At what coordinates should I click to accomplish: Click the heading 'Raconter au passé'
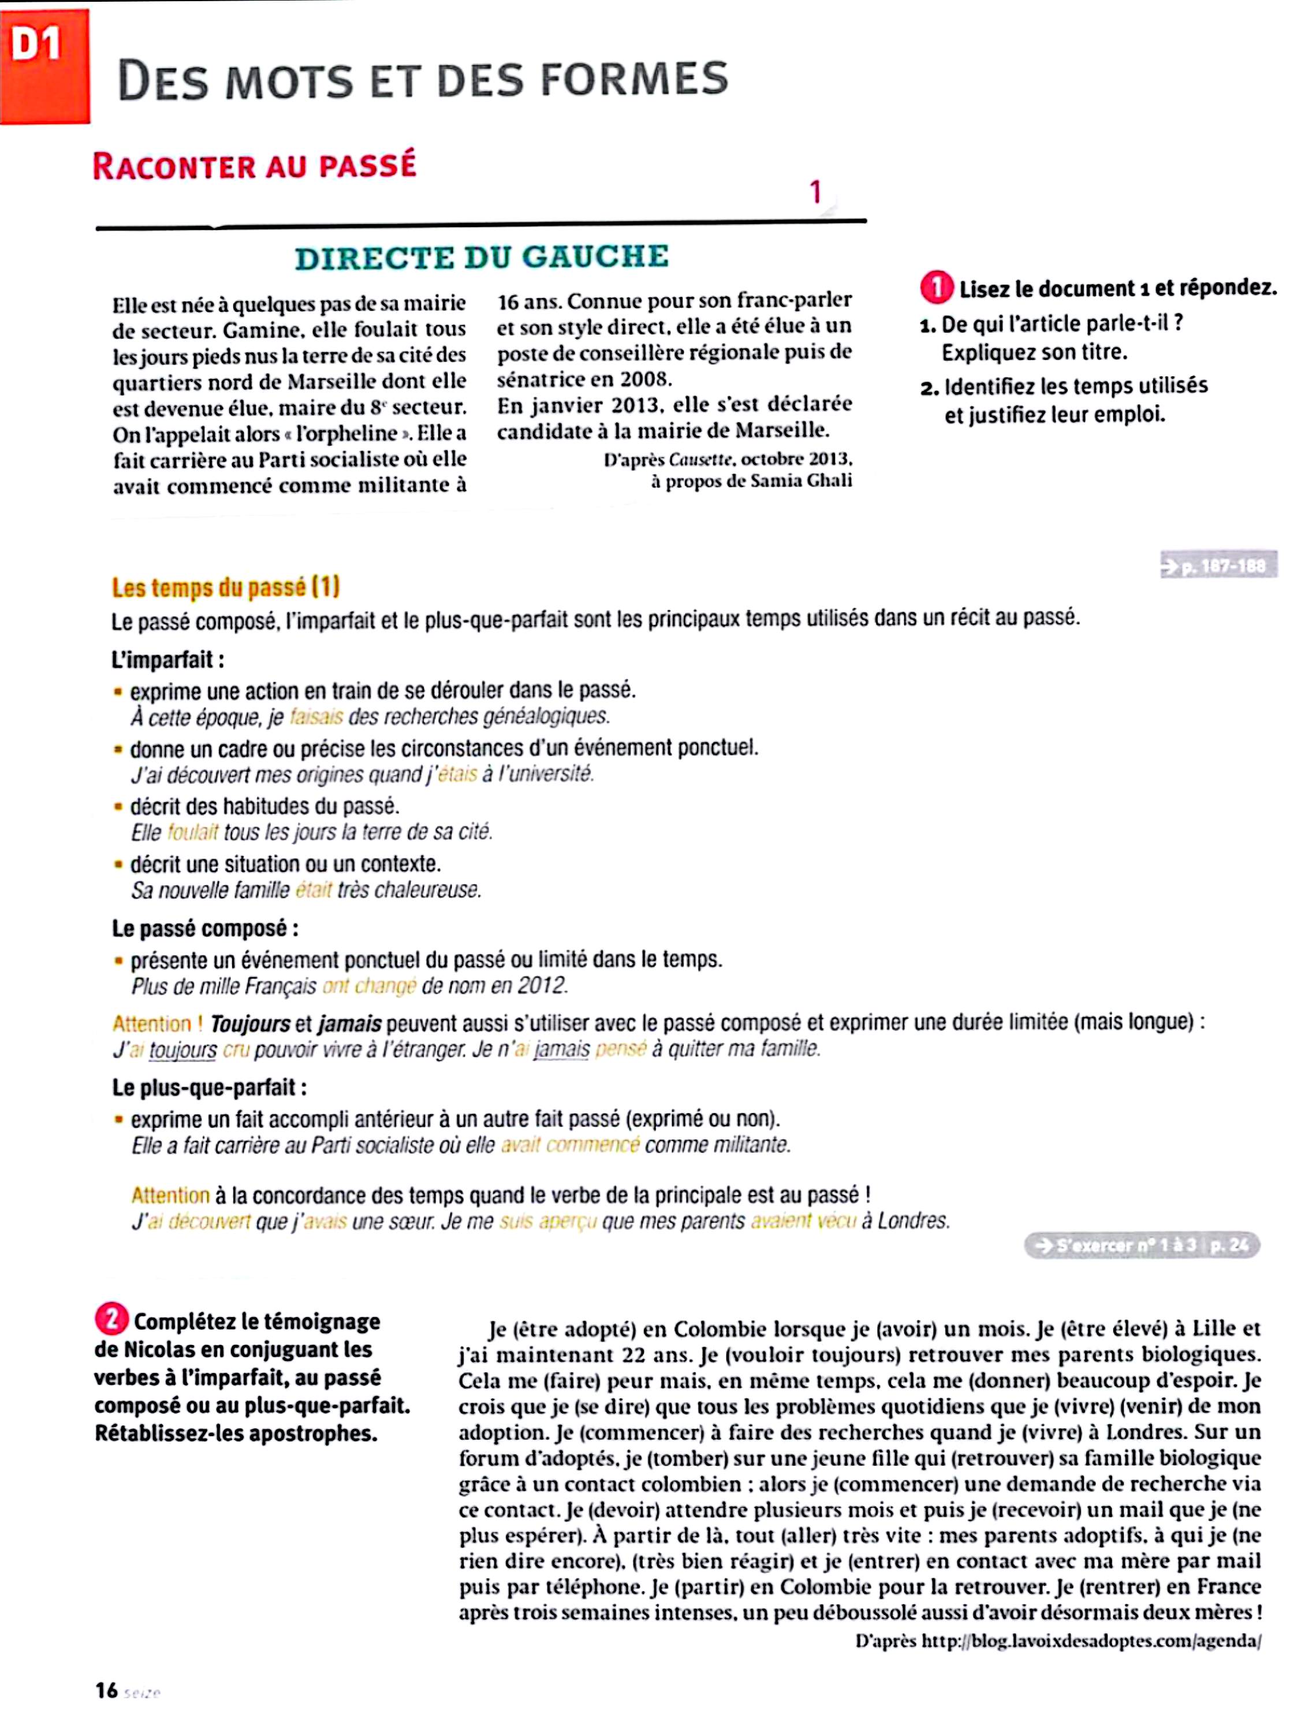tap(254, 166)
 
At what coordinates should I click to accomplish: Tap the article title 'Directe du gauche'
tap(481, 258)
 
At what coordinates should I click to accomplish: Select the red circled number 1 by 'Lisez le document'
tap(936, 288)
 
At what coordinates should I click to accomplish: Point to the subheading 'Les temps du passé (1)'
tap(226, 587)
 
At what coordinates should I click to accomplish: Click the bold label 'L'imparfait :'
tap(167, 660)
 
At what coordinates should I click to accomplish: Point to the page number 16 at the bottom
tap(106, 1691)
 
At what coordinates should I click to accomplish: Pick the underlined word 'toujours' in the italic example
tap(182, 1050)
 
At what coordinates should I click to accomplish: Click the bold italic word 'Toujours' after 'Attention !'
tap(250, 1024)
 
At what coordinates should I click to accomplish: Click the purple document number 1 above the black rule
tap(815, 192)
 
